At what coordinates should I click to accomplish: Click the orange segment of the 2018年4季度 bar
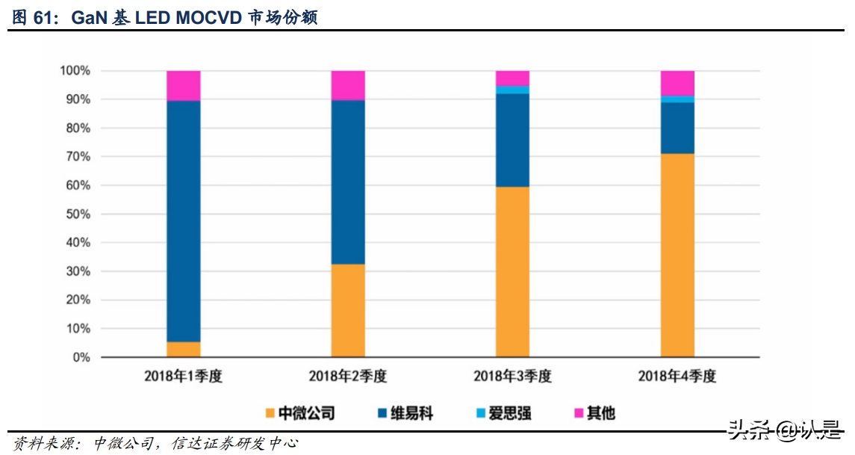[677, 255]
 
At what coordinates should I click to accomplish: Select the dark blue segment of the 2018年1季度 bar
[183, 220]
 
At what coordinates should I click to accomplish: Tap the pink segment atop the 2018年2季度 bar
[348, 85]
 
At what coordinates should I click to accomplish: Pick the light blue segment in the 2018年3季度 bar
[512, 90]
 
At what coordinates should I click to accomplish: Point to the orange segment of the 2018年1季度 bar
[183, 349]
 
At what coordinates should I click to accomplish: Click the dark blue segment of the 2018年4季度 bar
[677, 128]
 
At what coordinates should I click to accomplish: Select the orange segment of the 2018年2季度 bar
[348, 310]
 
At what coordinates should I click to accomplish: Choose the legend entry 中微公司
[299, 412]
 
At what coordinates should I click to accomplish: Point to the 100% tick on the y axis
[75, 71]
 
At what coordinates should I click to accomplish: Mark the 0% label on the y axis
[81, 358]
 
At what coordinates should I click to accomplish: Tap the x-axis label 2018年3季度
[512, 377]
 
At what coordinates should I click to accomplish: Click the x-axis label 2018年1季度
[183, 377]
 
